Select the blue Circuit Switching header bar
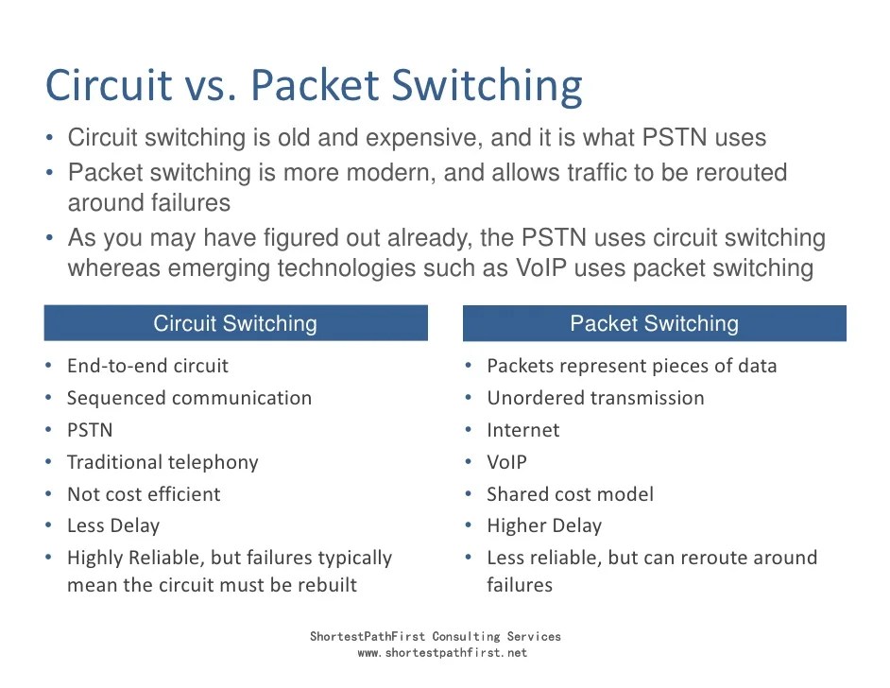(235, 324)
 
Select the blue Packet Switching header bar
(654, 324)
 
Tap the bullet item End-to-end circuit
(147, 366)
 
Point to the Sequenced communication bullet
(189, 398)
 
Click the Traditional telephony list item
(163, 462)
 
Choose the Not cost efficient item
(144, 494)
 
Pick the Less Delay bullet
(113, 525)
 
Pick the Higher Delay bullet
(544, 525)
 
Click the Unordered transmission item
(595, 398)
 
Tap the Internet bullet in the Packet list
(523, 430)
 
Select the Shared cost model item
(570, 494)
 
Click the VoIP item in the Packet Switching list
(507, 462)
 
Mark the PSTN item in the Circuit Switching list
(90, 430)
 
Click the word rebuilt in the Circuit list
(327, 585)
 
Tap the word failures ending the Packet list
(520, 585)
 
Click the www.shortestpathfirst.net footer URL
(442, 653)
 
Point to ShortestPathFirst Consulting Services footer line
(436, 637)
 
